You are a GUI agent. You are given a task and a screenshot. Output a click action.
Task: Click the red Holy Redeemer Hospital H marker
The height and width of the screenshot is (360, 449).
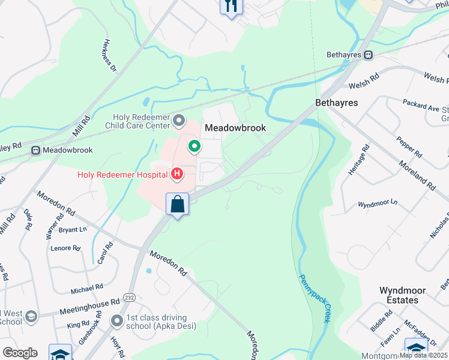pos(177,175)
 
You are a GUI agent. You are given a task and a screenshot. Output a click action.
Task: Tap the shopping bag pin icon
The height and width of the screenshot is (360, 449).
pos(178,204)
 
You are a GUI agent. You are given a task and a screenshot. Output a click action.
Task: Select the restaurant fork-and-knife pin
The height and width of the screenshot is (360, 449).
pos(231,6)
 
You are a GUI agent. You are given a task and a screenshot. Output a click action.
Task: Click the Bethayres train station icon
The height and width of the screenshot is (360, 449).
pos(369,55)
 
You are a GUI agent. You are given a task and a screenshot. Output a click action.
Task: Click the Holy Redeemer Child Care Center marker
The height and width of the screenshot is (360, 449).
pos(179,121)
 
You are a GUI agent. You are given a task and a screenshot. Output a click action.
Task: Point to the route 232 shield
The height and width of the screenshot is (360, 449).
pos(129,297)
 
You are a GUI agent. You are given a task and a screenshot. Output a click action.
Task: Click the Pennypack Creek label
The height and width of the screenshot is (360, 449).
pos(315,298)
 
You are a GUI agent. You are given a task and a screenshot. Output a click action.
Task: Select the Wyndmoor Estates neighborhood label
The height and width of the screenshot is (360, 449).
pos(402,295)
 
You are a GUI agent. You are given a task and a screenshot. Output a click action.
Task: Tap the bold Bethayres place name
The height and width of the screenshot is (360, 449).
pos(336,103)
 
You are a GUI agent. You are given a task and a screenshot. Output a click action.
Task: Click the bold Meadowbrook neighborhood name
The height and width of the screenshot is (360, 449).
pos(235,128)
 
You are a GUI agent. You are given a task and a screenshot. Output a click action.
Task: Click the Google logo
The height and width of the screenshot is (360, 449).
pos(20,353)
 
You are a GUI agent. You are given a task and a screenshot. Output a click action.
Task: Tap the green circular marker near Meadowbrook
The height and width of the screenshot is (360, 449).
pos(194,146)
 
